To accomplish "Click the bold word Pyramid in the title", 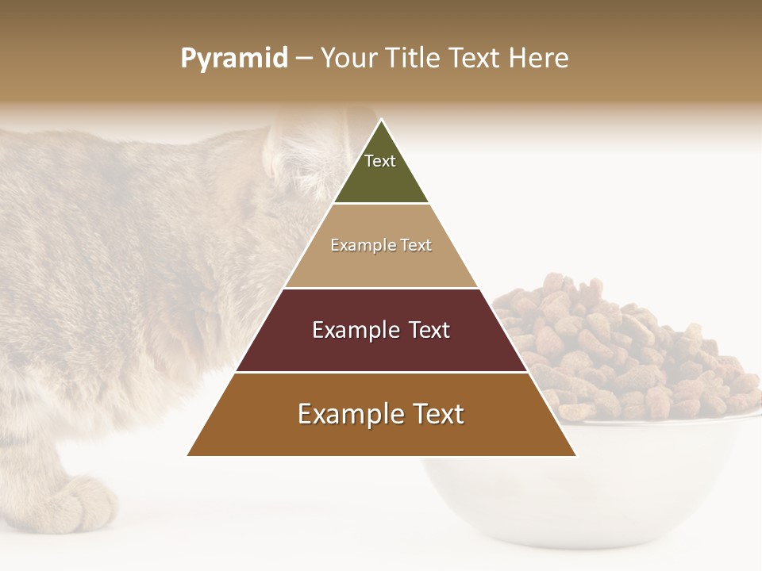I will point(233,58).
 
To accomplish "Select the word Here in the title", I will point(539,58).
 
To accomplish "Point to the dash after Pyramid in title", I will point(304,59).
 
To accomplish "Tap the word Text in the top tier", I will point(380,161).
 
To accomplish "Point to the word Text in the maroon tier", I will point(429,330).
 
